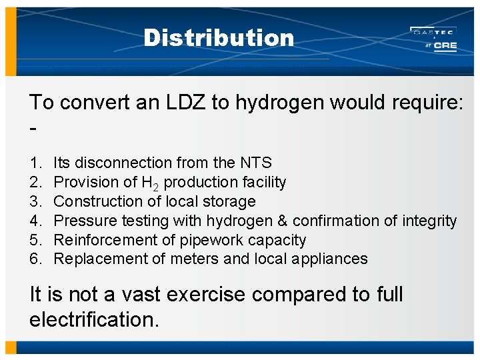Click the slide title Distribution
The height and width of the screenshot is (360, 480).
219,38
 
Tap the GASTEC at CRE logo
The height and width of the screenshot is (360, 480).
433,39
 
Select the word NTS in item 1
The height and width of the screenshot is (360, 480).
256,163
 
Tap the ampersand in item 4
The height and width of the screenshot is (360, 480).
283,221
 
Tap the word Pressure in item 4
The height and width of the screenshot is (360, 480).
81,221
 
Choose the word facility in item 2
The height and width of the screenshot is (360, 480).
263,182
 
